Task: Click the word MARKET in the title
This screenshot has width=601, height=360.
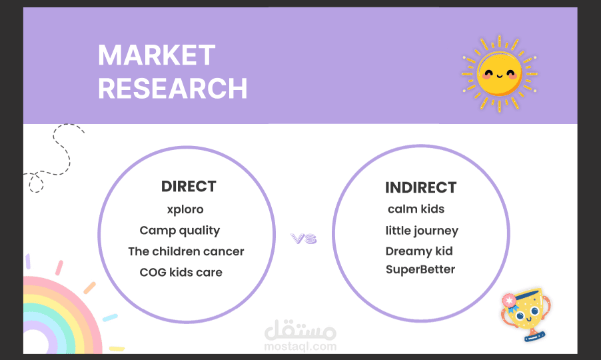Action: [157, 55]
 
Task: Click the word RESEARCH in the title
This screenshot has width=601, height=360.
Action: [173, 89]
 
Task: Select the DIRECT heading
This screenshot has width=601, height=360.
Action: [189, 186]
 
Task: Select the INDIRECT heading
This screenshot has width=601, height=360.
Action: [420, 187]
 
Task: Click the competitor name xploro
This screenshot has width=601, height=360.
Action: [185, 210]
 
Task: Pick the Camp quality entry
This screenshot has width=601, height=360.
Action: [180, 231]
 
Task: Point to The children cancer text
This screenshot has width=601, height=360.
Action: [187, 251]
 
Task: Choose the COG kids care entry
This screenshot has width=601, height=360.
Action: [181, 272]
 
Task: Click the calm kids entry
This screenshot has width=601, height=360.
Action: [416, 209]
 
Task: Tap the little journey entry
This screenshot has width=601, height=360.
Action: [422, 231]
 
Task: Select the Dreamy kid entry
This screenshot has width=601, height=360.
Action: [419, 251]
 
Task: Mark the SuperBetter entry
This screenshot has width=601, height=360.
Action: [420, 269]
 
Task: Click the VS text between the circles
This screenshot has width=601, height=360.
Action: [304, 239]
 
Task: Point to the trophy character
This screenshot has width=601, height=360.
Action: [526, 314]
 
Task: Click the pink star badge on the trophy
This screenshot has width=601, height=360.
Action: [509, 301]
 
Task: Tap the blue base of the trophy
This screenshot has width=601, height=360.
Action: [534, 337]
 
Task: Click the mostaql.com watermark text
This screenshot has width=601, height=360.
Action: [300, 347]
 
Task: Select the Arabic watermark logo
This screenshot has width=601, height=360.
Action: [300, 330]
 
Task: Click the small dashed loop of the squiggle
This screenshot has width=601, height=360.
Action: [37, 183]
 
